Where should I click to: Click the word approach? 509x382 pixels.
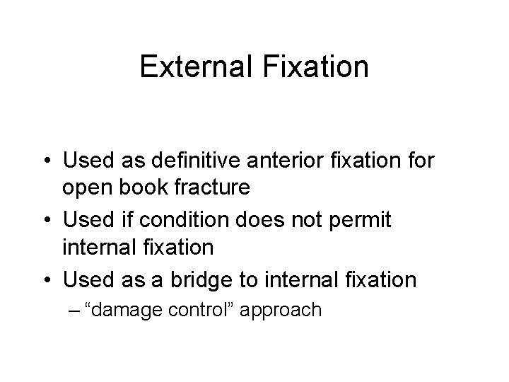tap(281, 311)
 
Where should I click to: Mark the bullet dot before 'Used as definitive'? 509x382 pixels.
tap(46, 160)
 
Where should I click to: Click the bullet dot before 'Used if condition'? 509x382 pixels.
tap(46, 220)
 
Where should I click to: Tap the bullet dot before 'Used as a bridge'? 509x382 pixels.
tap(46, 279)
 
